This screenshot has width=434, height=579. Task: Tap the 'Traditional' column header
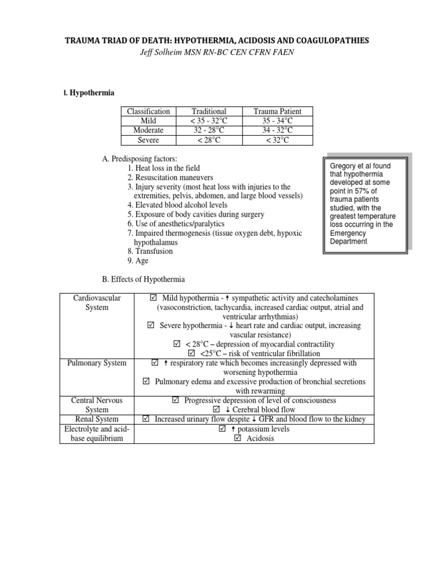(209, 112)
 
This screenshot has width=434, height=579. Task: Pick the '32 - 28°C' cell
(209, 130)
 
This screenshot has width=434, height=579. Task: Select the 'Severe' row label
(149, 140)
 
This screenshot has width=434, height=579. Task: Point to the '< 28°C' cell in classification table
(209, 140)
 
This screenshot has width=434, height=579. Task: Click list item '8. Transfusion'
(150, 251)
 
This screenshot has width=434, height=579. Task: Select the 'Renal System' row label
(98, 419)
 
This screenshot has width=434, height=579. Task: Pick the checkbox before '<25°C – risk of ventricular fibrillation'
(191, 353)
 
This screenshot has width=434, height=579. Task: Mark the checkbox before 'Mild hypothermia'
(154, 298)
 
